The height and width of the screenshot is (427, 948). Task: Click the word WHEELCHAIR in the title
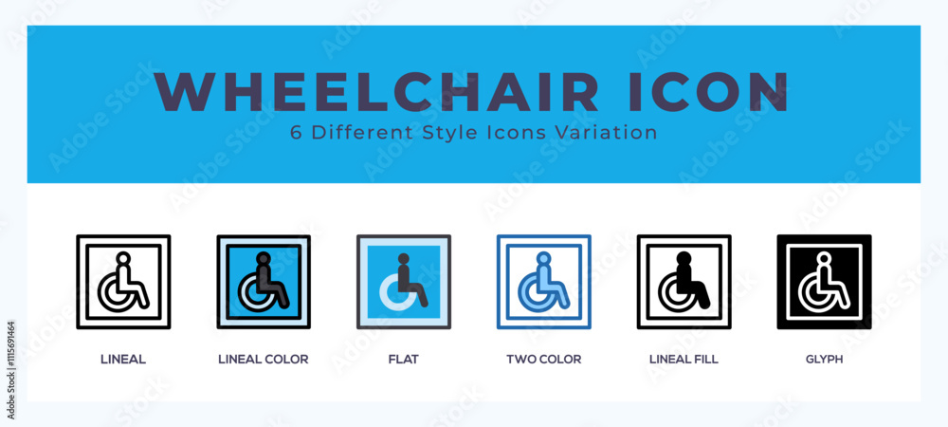coord(376,92)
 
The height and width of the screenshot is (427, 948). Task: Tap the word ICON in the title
coord(708,92)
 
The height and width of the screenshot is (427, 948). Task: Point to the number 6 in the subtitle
coord(296,133)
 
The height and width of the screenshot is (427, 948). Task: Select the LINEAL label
coord(123,360)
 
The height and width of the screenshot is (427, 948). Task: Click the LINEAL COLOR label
coord(263,360)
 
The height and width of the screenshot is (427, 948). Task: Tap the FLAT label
coord(403,360)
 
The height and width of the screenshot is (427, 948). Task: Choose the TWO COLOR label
coord(543,360)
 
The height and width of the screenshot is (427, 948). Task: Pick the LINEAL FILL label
coord(684,360)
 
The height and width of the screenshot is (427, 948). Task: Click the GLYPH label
coord(824,360)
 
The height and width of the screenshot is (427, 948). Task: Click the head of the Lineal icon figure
coord(123,258)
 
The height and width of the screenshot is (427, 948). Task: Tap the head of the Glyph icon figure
coord(824,258)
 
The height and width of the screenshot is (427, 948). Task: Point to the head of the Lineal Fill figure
coord(684,258)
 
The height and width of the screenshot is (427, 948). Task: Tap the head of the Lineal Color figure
coord(263,258)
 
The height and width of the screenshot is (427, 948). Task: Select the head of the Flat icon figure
coord(403,259)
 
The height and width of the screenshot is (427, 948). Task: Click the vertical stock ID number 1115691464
coord(11,370)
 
